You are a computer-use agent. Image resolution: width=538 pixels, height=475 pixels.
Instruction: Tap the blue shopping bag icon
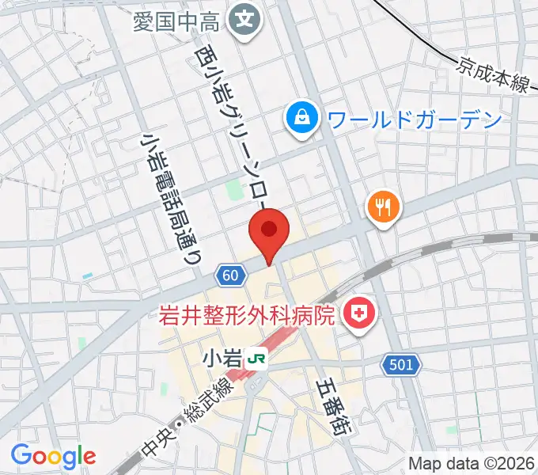click(303, 119)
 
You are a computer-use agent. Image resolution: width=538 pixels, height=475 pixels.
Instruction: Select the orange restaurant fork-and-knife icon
click(384, 208)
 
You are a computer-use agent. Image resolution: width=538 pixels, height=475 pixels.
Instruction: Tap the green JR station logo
click(257, 359)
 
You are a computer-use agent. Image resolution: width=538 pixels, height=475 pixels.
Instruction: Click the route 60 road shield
click(229, 275)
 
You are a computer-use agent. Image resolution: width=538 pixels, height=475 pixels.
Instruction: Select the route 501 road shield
click(400, 365)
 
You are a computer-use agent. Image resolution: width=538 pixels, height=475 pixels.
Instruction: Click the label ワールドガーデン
click(415, 120)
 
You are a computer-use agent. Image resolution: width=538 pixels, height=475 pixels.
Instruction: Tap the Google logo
click(53, 456)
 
